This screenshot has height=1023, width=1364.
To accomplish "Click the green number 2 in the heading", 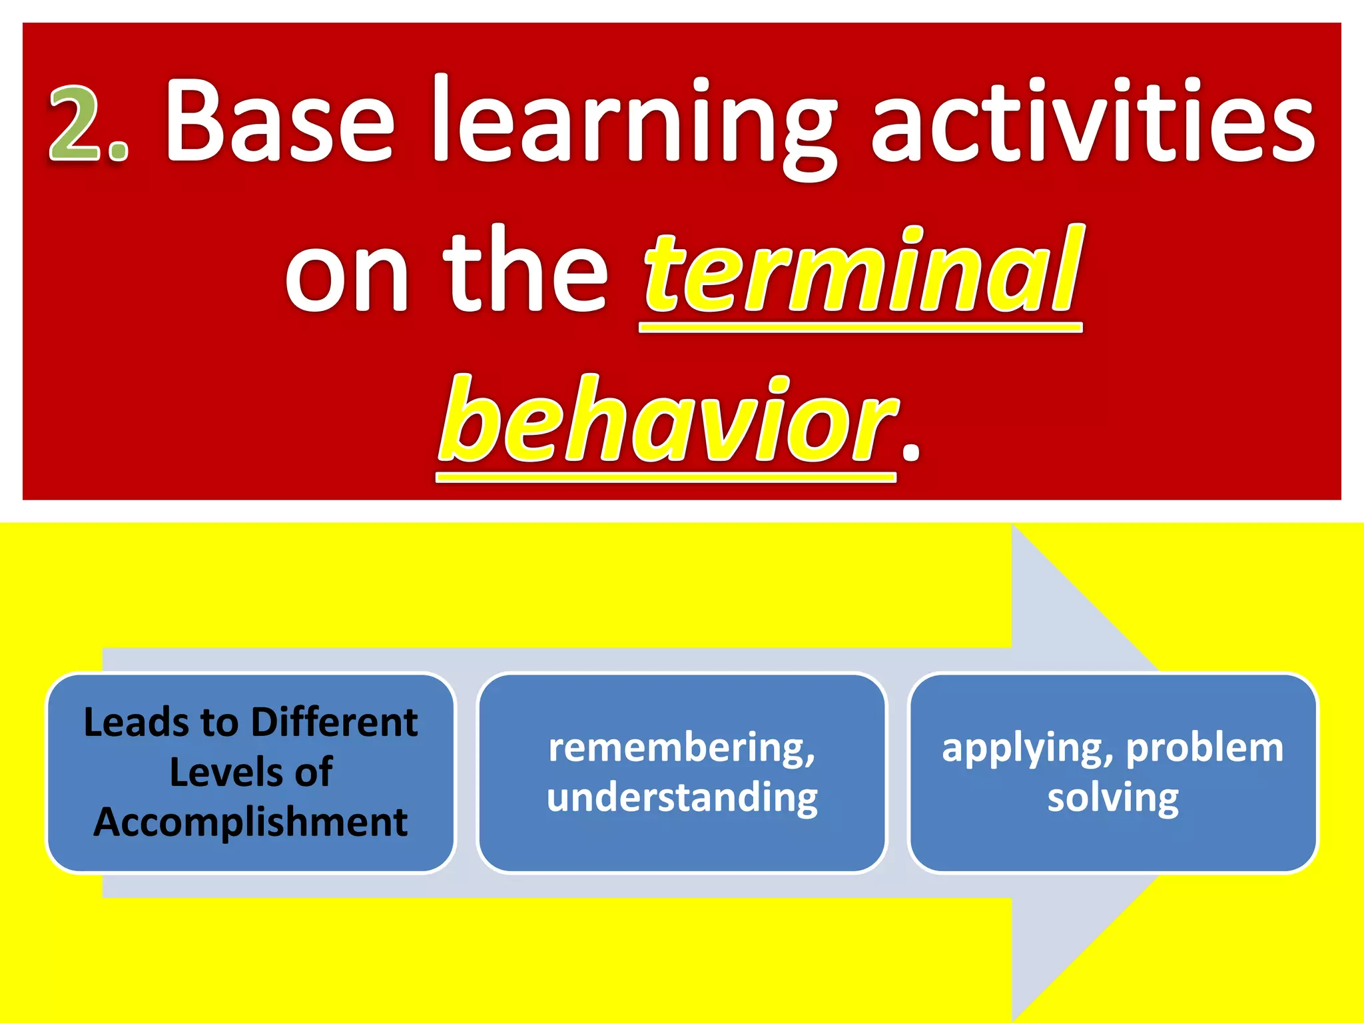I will (74, 125).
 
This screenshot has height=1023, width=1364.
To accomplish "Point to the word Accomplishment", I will (250, 823).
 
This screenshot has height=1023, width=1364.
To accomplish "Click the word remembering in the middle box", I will (681, 748).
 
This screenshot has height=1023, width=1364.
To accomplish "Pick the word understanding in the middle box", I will (682, 798).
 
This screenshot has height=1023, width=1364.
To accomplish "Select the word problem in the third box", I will (1204, 748).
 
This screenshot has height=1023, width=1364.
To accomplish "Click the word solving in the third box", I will (1112, 798).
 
